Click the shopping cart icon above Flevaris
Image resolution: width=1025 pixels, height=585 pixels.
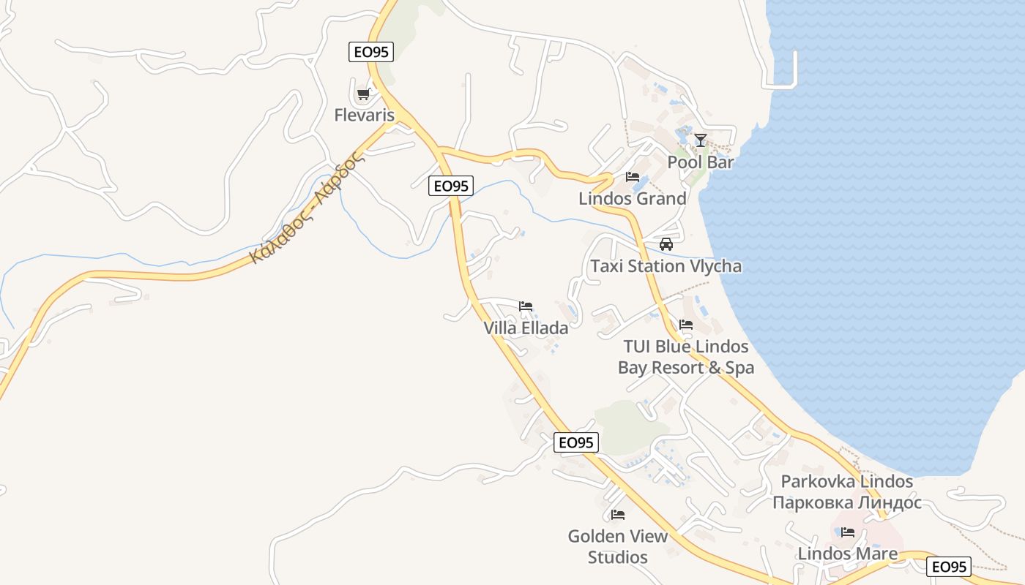(363, 94)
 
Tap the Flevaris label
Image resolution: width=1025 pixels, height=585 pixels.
(364, 115)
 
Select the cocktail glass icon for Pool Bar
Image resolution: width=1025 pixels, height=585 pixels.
(701, 140)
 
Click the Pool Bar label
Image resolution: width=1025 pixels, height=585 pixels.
(700, 162)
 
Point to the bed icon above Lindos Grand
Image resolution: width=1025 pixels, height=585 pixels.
(633, 177)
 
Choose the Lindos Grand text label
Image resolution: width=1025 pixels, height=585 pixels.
(633, 198)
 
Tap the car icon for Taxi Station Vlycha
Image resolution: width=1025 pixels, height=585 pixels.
(666, 244)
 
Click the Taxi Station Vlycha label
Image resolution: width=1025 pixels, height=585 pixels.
(666, 266)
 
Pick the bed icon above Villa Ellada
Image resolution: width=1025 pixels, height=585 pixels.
(526, 306)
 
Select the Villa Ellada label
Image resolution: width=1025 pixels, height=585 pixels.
(526, 328)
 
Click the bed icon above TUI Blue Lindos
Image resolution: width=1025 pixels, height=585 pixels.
(686, 324)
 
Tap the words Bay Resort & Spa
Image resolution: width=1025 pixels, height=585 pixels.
(686, 367)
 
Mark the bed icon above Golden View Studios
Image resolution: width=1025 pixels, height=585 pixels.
(618, 515)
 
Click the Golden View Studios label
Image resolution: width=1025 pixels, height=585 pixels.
(618, 546)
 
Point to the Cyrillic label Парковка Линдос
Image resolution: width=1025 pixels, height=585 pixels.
(846, 502)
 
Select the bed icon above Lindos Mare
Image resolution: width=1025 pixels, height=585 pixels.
(848, 532)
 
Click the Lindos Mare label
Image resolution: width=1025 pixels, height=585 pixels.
(848, 554)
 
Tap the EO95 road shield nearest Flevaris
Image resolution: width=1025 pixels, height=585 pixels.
(370, 51)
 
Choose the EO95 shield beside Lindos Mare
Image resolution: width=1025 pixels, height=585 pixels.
(949, 567)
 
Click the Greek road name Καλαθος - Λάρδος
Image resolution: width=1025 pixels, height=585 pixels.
(307, 207)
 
